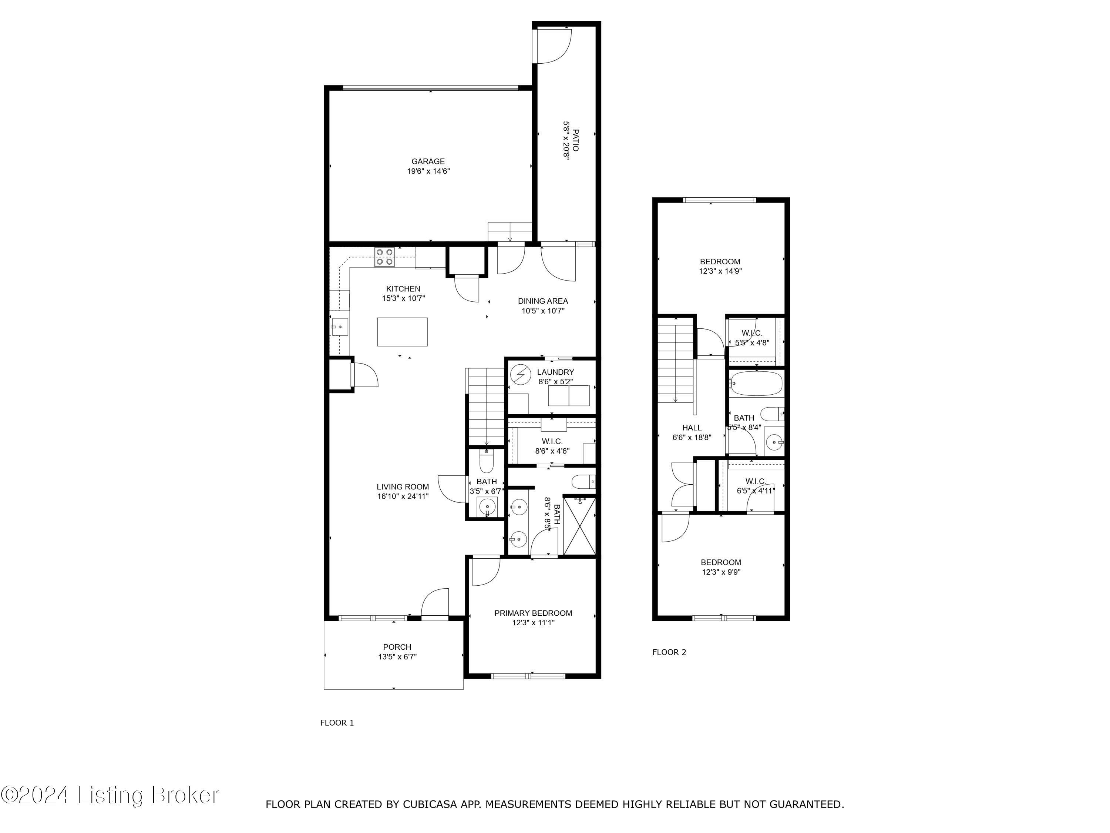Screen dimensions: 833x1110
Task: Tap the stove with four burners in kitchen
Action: point(385,257)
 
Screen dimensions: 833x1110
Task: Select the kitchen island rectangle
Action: point(403,332)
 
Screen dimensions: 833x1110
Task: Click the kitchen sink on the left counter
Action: point(339,327)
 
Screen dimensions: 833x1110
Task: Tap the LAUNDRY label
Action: point(555,372)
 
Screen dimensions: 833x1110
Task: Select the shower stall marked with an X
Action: point(579,526)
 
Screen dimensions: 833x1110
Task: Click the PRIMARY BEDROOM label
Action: point(533,613)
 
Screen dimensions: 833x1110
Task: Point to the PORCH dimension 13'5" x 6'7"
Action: point(397,657)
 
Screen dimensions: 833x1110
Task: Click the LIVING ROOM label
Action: point(403,486)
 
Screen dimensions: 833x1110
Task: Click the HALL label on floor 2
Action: point(692,428)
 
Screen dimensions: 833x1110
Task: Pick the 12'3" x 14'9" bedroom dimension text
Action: point(720,271)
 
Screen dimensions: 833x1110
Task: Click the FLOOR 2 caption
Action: point(669,652)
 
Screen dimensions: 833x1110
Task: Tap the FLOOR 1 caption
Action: point(337,723)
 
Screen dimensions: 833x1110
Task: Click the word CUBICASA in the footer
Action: point(430,804)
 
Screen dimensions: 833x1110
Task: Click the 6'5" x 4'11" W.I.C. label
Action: point(755,491)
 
